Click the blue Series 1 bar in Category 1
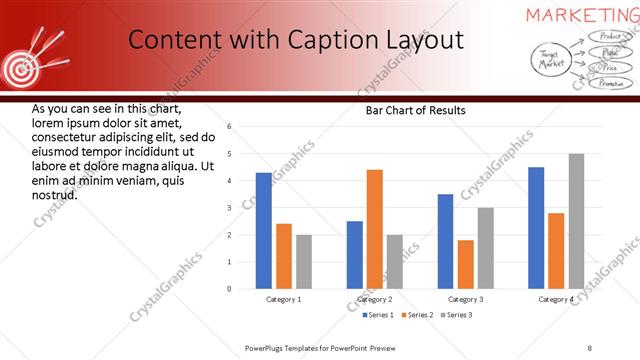pyautogui.click(x=263, y=231)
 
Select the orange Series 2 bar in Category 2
pyautogui.click(x=375, y=229)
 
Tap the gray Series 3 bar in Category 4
pyautogui.click(x=576, y=221)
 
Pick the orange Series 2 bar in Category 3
pyautogui.click(x=466, y=264)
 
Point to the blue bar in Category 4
pyautogui.click(x=536, y=228)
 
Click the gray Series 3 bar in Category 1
pyautogui.click(x=304, y=262)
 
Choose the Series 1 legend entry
pyautogui.click(x=377, y=315)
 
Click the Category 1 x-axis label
pyautogui.click(x=284, y=299)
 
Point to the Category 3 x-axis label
pyautogui.click(x=466, y=299)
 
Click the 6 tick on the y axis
pyautogui.click(x=229, y=127)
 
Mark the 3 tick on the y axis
pyautogui.click(x=229, y=208)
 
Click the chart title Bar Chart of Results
pyautogui.click(x=415, y=110)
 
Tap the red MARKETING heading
pyautogui.click(x=583, y=14)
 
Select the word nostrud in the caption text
pyautogui.click(x=55, y=194)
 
